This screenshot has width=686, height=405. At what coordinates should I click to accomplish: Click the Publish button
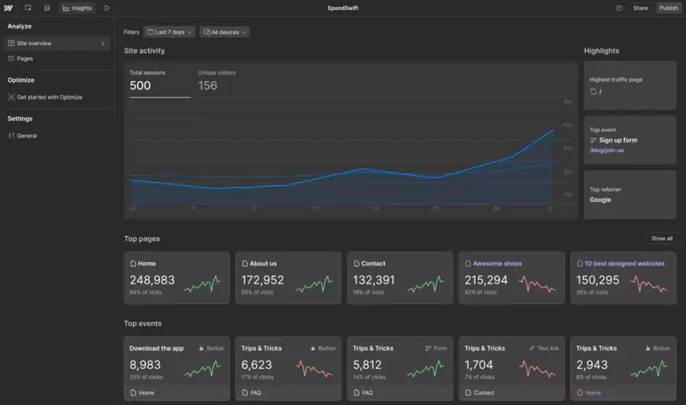tap(668, 8)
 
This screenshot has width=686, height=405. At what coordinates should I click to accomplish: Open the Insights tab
tap(78, 8)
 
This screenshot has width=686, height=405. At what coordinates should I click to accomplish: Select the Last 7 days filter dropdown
tap(170, 32)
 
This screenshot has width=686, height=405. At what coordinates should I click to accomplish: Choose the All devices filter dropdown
tap(224, 32)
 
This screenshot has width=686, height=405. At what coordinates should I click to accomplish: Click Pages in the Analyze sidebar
tap(25, 59)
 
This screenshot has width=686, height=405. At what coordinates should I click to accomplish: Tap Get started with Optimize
tap(49, 97)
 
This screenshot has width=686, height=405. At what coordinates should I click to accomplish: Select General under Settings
tap(27, 136)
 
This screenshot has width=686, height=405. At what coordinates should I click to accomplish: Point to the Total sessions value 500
tap(141, 85)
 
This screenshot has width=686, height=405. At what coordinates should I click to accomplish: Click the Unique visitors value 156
tap(207, 85)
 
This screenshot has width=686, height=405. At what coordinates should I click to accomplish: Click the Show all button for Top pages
tap(662, 238)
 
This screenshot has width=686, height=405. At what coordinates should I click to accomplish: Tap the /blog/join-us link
tap(607, 150)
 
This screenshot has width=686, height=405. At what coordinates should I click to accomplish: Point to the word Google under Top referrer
tap(600, 200)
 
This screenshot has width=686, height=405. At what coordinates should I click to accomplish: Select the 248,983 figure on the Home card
tap(152, 280)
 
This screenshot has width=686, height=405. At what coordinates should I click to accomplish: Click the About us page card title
tap(263, 264)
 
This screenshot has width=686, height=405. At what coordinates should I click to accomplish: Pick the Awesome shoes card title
tap(497, 264)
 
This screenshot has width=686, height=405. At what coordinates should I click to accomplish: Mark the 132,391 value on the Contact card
tap(374, 280)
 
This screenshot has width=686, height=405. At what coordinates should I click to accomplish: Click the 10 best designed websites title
tap(624, 264)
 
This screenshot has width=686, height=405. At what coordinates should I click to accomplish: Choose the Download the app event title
tap(156, 348)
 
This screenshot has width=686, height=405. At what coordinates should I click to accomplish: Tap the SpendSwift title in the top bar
tap(343, 8)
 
